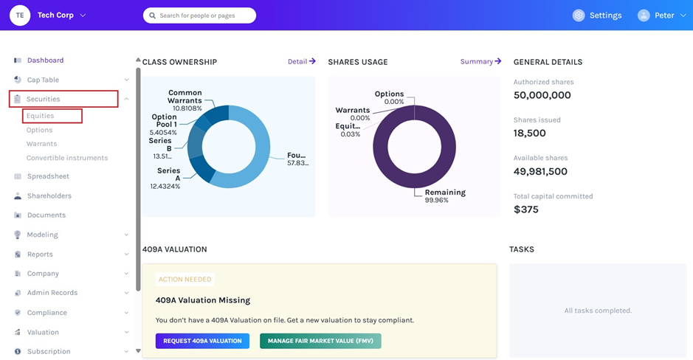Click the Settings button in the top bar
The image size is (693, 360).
click(598, 15)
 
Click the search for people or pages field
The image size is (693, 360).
click(200, 15)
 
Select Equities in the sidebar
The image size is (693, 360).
click(41, 116)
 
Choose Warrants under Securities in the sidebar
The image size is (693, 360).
click(41, 144)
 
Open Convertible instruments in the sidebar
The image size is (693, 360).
click(67, 158)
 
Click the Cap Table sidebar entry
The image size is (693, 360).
click(43, 80)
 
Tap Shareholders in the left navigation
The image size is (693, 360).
click(49, 196)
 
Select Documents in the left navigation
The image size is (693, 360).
click(46, 215)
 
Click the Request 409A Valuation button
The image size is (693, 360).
click(202, 341)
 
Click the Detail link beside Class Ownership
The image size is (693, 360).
click(301, 62)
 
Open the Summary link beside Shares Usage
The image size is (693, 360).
click(480, 62)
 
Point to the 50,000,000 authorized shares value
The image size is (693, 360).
click(542, 95)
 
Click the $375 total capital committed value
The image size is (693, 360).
click(526, 210)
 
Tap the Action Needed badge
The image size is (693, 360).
click(185, 280)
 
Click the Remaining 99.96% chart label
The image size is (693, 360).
click(445, 196)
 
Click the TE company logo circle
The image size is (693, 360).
click(20, 15)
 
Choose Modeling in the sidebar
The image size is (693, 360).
click(43, 235)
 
